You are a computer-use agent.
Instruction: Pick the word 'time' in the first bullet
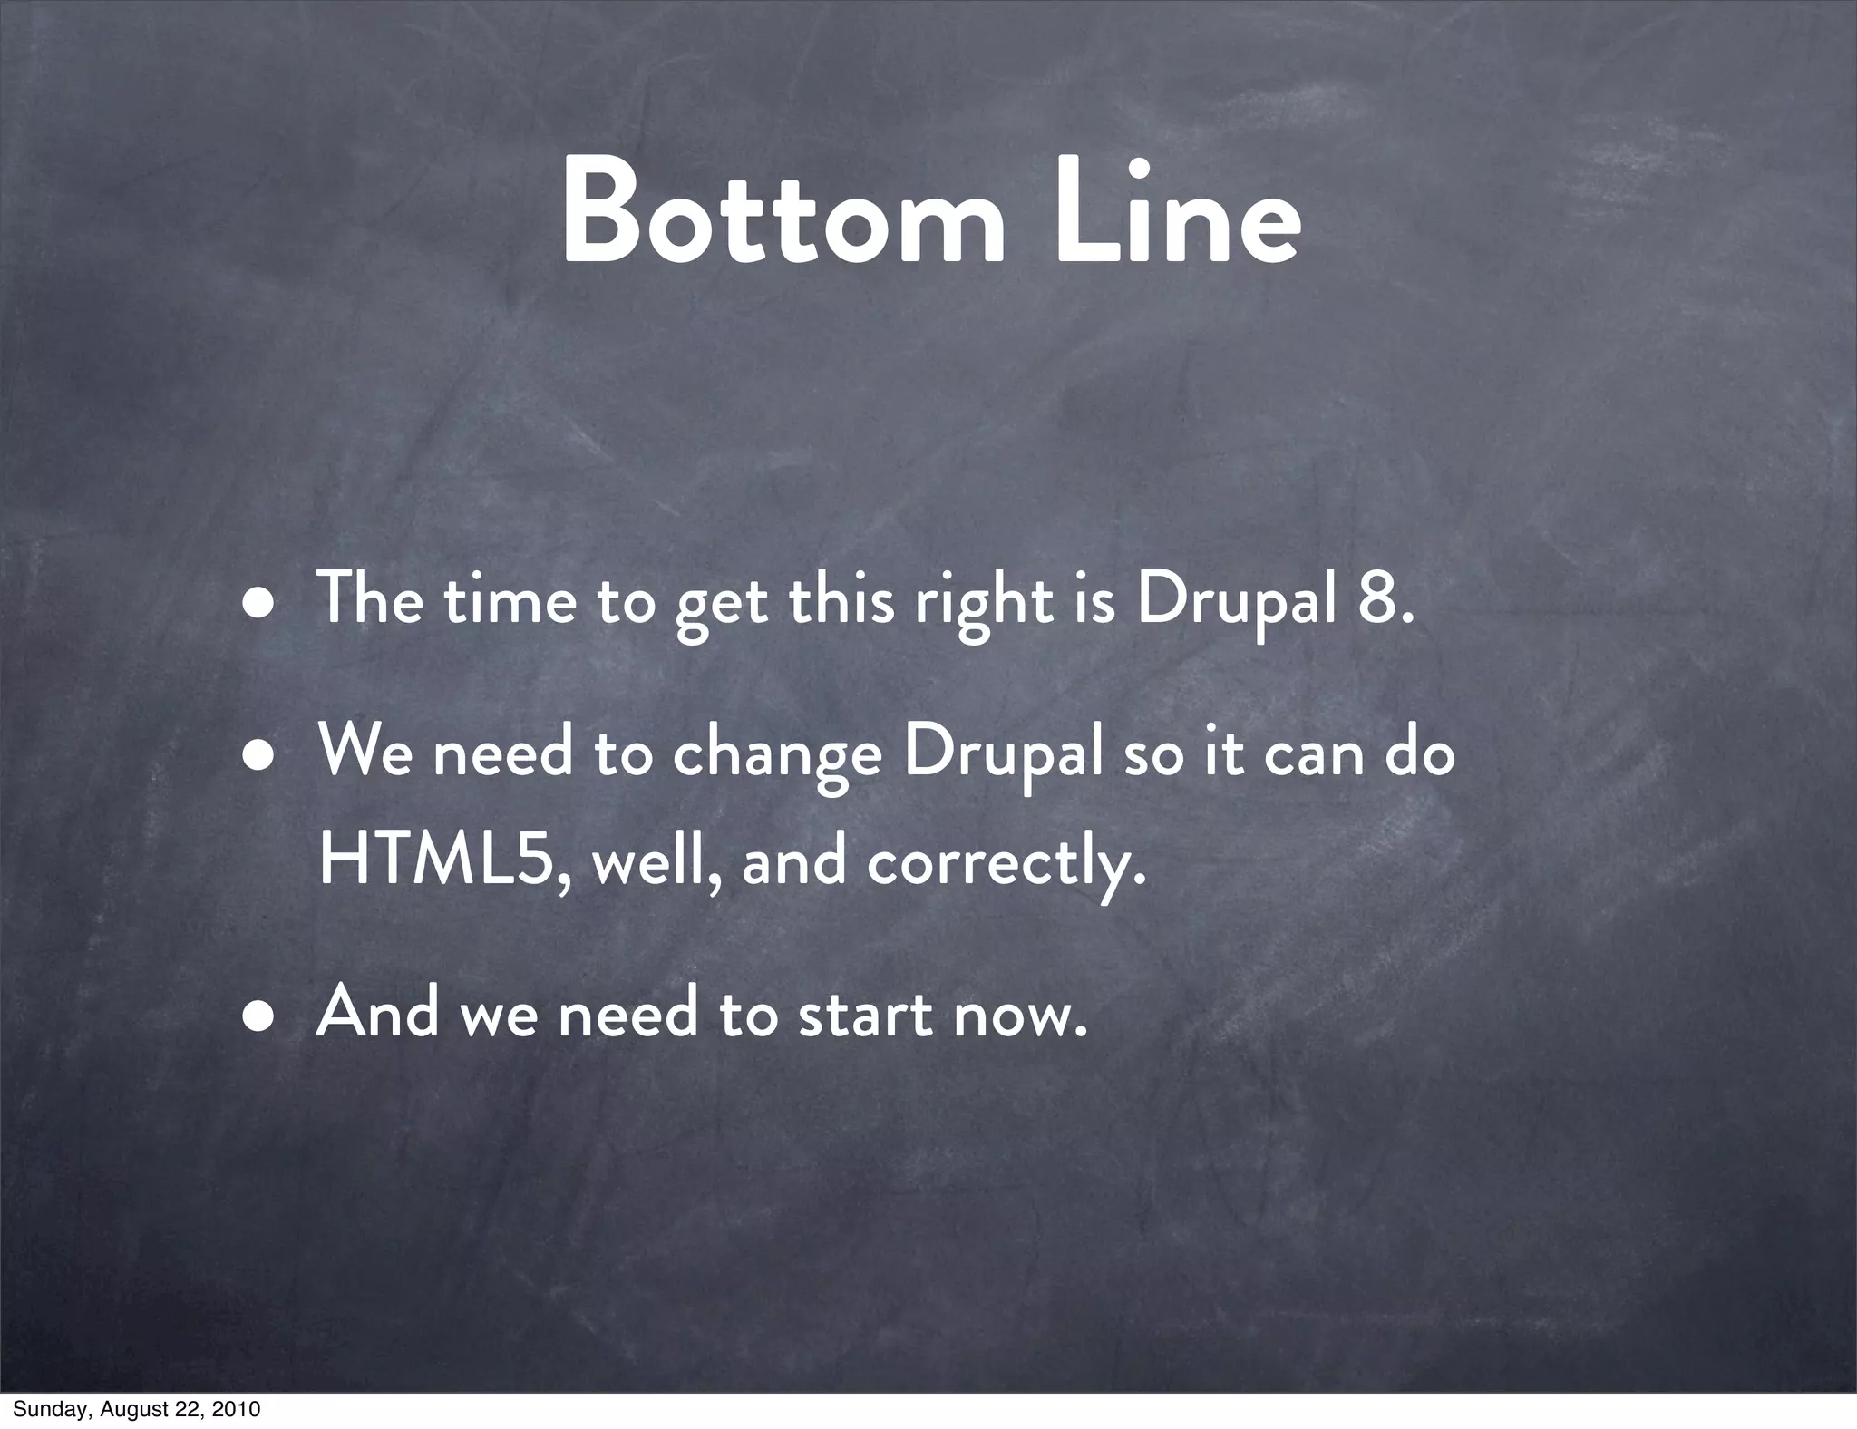[x=510, y=600]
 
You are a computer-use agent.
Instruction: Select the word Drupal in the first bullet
[x=1237, y=602]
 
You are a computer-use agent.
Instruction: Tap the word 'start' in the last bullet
[x=863, y=1014]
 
